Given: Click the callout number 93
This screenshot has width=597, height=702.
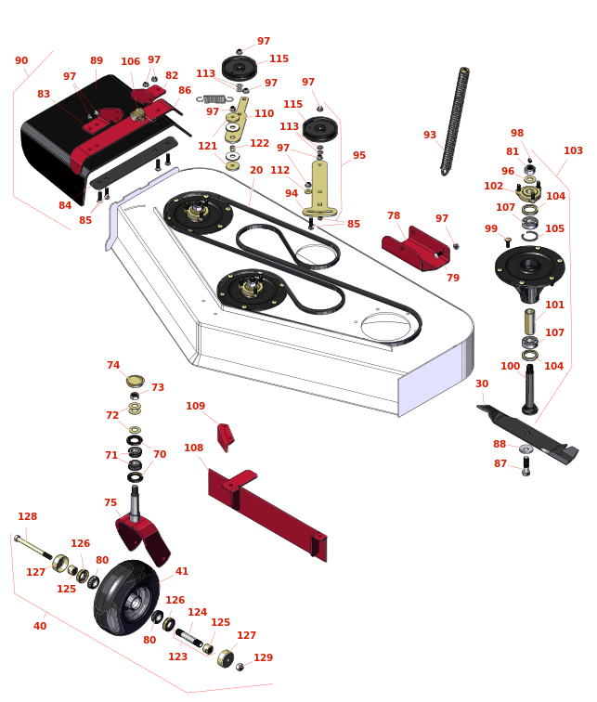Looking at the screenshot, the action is (429, 135).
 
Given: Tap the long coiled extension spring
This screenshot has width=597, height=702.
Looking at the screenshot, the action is (455, 121).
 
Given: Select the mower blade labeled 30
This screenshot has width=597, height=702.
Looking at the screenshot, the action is (528, 434).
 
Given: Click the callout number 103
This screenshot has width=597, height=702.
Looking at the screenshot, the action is (573, 150).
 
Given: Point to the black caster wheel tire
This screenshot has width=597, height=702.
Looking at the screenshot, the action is (126, 597).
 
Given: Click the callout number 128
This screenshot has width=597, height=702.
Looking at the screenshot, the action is (27, 516).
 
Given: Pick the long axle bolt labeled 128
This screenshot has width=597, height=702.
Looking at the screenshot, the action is (33, 547).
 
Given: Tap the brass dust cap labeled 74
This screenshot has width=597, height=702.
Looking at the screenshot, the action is (136, 381).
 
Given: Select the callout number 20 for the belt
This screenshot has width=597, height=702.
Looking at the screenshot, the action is (256, 170).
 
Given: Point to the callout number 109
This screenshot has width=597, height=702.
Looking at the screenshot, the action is (195, 406).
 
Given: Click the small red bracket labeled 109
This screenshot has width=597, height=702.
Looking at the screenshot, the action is (225, 437).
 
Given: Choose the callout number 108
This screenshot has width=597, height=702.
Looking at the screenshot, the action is (193, 448).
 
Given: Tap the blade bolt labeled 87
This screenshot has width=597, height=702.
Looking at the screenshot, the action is (526, 466).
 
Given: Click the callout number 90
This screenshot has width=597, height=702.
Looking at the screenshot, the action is (21, 60).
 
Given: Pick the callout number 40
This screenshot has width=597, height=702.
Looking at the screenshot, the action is (40, 626).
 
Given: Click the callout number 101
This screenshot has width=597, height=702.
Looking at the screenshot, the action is (554, 305).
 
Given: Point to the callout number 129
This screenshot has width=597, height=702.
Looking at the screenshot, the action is (263, 657).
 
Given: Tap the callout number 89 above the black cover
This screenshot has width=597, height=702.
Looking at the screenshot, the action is (97, 60).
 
